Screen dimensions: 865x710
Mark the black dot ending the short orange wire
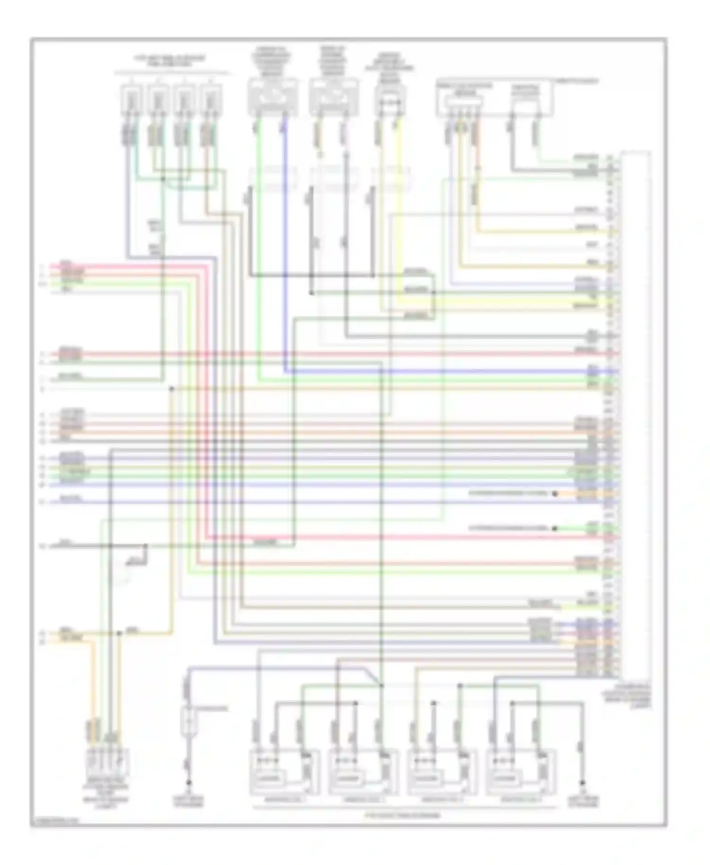tap(555, 494)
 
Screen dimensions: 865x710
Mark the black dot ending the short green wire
tap(555, 528)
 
